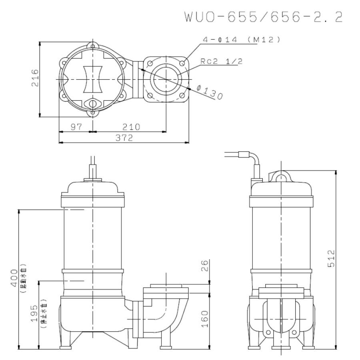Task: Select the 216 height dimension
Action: pyautogui.click(x=35, y=79)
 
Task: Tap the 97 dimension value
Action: pyautogui.click(x=75, y=127)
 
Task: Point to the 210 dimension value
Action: pyautogui.click(x=131, y=127)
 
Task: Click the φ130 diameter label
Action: pyautogui.click(x=210, y=94)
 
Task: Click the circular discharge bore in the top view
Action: pyautogui.click(x=166, y=79)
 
